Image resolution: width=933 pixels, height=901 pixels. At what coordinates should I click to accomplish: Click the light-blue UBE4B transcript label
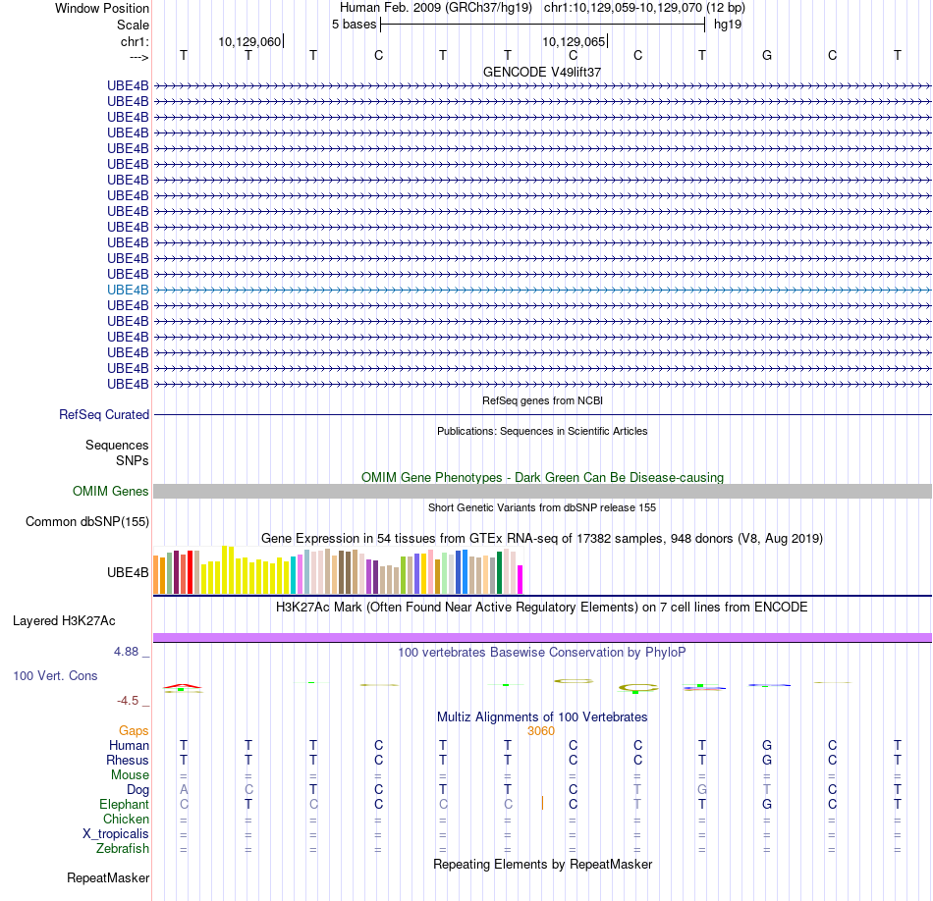[x=128, y=290]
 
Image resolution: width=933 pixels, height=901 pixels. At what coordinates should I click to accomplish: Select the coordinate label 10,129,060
[x=249, y=41]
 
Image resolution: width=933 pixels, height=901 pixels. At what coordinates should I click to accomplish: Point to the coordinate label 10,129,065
[x=574, y=41]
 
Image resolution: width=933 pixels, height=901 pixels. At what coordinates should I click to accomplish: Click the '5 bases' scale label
[x=354, y=24]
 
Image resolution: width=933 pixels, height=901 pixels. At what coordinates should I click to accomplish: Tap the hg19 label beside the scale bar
[x=728, y=24]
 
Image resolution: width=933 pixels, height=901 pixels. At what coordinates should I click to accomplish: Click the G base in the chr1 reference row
[x=767, y=55]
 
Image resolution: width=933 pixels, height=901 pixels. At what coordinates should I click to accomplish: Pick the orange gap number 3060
[x=541, y=730]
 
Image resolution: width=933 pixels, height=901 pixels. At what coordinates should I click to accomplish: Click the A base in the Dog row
[x=184, y=789]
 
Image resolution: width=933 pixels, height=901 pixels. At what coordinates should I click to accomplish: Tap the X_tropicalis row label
[x=116, y=833]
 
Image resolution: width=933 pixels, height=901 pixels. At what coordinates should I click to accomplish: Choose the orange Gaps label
[x=134, y=730]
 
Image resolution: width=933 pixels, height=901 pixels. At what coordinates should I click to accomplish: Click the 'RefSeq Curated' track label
[x=104, y=414]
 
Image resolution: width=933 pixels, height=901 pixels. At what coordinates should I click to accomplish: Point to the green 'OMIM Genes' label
[x=111, y=491]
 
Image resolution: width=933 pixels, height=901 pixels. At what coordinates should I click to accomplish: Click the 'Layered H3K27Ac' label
[x=64, y=620]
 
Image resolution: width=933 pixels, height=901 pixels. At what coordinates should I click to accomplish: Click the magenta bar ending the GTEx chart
[x=521, y=579]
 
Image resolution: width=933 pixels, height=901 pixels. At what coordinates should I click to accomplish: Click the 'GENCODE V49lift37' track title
[x=541, y=72]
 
